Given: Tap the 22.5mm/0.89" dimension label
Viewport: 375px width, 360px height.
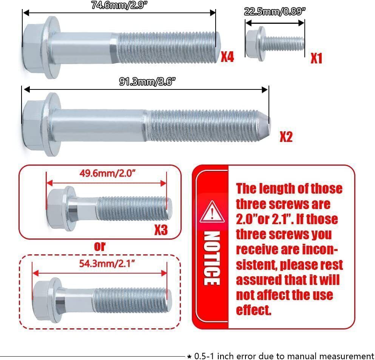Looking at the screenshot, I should coord(275,11).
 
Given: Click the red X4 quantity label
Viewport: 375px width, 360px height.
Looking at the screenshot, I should coord(227,57).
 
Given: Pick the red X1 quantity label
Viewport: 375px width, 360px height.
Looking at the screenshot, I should coord(316,58).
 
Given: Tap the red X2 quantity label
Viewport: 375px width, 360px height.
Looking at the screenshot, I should coord(286,137).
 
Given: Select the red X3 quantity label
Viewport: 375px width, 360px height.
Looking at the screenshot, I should coord(161,230).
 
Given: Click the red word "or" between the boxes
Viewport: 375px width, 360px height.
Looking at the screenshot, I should coord(100,246).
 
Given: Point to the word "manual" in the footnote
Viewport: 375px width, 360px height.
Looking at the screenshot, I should coord(292,356).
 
